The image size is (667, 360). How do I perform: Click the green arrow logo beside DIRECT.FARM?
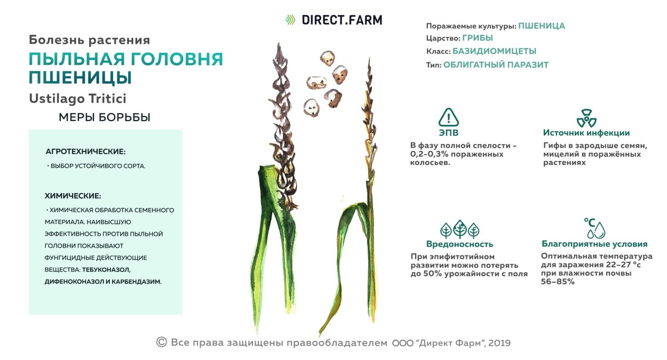point(290,20)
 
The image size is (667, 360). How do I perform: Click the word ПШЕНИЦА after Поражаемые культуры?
point(542,26)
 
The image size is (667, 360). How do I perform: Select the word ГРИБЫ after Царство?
point(478,38)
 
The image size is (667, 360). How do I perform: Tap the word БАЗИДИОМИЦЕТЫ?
point(494,52)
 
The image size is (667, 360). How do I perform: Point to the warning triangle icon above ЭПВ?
point(449,117)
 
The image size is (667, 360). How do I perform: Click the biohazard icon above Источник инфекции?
point(586,118)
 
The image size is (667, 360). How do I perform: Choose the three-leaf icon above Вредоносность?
point(459,229)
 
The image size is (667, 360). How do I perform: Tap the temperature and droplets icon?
point(594,228)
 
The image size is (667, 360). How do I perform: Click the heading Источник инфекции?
point(586,133)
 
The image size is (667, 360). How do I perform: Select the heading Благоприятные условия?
point(594,244)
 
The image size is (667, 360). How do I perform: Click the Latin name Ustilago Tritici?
point(77,99)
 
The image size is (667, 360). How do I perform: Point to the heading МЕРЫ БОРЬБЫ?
point(105,118)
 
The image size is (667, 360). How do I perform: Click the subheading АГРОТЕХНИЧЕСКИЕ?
point(85,152)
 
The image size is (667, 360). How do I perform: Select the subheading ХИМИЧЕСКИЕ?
point(73,196)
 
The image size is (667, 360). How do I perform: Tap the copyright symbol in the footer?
point(162,342)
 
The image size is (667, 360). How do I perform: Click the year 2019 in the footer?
point(499,343)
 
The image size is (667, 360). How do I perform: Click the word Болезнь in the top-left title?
point(52,40)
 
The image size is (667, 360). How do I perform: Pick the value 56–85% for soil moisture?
point(558,282)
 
